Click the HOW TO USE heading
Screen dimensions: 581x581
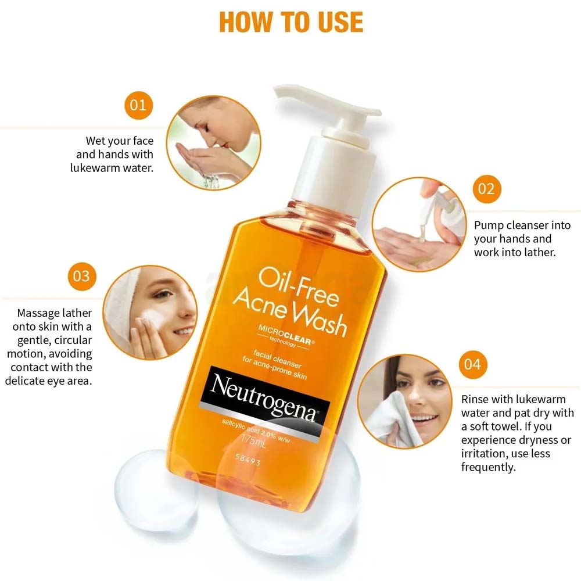[290, 21]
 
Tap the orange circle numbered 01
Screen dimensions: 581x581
[138, 105]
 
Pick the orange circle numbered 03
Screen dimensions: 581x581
[82, 275]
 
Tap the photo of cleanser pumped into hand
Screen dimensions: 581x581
[418, 224]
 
